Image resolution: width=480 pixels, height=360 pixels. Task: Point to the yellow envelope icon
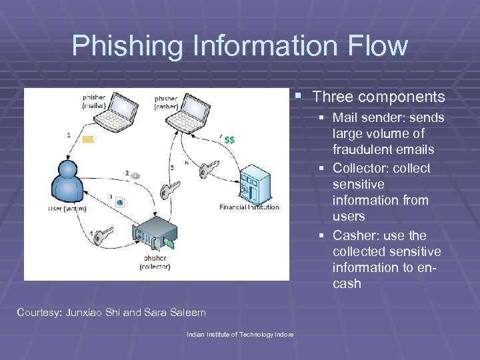(89, 139)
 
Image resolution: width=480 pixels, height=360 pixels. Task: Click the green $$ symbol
(229, 140)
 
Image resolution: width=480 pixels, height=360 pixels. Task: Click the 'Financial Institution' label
(251, 207)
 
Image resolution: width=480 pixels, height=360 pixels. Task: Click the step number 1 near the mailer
(69, 135)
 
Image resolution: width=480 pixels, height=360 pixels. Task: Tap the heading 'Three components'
(378, 97)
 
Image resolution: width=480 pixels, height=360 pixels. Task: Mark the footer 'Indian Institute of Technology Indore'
(239, 334)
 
